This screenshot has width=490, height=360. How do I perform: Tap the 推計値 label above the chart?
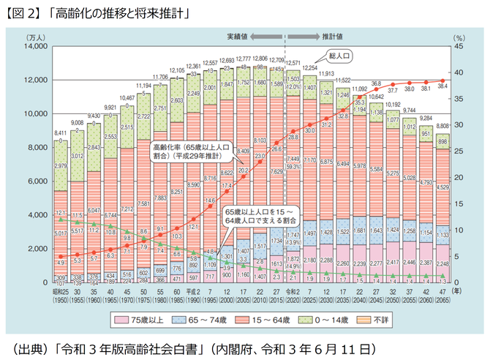pyautogui.click(x=333, y=35)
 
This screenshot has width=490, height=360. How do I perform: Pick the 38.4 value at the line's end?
pyautogui.click(x=442, y=86)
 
